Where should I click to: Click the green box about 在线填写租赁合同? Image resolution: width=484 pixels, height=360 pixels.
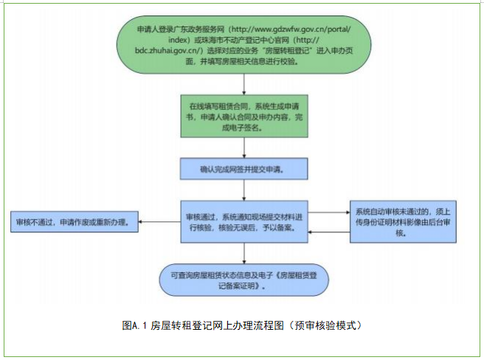pyautogui.click(x=243, y=117)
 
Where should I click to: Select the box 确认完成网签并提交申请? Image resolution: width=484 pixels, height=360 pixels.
pyautogui.click(x=243, y=169)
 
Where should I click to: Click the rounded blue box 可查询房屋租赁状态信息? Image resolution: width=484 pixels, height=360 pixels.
pyautogui.click(x=243, y=278)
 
